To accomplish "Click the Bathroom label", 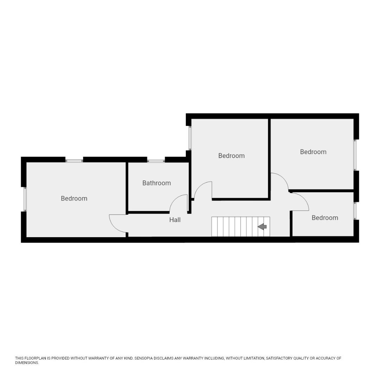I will point(157,183).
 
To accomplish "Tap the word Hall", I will point(175,220).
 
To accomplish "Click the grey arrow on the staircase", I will point(262,227).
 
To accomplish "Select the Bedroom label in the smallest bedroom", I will point(325,218).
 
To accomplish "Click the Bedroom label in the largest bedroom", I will point(74,198).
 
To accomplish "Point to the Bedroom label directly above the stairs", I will point(231,156).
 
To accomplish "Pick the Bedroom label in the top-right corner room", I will point(313,152).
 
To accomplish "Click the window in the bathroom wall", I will point(156,161).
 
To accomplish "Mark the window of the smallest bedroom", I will point(355,211).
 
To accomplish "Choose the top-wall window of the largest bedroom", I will point(74,161).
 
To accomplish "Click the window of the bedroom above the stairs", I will point(190,138).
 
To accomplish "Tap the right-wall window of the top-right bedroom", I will point(355,155).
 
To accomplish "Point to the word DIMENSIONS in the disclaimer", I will point(26,363).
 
